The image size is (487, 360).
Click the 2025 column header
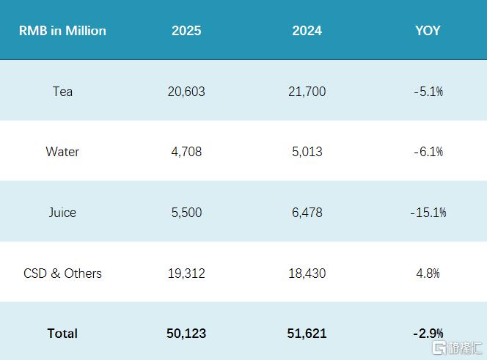[x=186, y=31]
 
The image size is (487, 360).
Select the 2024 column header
[x=307, y=31]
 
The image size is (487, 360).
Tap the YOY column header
[x=428, y=31]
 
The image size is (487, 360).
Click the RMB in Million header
[x=62, y=31]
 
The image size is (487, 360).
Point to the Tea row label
[x=62, y=92]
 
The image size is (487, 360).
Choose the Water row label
[x=62, y=152]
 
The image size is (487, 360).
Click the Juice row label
[x=62, y=213]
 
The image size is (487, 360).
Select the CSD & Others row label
[x=62, y=273]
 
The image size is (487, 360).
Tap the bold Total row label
[x=62, y=334]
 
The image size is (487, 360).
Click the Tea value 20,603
[x=186, y=92]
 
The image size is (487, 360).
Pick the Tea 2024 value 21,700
[x=307, y=92]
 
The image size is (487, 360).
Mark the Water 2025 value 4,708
[x=186, y=152]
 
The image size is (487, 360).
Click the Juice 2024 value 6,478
[x=307, y=213]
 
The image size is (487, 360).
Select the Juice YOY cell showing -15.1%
[x=428, y=213]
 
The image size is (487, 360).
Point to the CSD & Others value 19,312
[x=186, y=273]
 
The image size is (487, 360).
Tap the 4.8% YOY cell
[x=428, y=273]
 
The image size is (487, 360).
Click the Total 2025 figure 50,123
[x=186, y=334]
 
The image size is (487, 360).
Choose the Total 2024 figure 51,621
[x=307, y=334]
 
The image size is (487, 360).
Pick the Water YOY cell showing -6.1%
[x=428, y=152]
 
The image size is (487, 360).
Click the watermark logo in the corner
[x=457, y=348]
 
